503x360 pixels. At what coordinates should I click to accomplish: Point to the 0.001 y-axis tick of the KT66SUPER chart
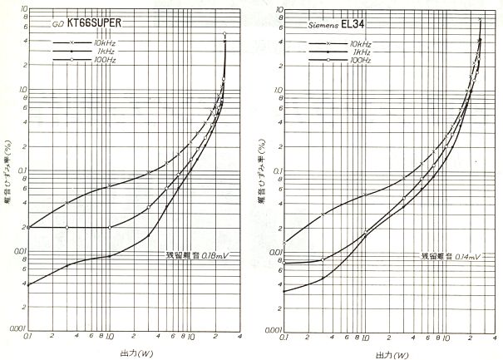tap(16, 330)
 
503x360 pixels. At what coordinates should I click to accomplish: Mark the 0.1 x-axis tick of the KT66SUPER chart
tap(29, 338)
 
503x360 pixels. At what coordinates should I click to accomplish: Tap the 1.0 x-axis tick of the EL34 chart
tap(366, 338)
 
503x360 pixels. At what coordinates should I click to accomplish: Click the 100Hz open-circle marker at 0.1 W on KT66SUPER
tap(29, 227)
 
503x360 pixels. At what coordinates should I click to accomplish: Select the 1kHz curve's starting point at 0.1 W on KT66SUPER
tap(29, 285)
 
